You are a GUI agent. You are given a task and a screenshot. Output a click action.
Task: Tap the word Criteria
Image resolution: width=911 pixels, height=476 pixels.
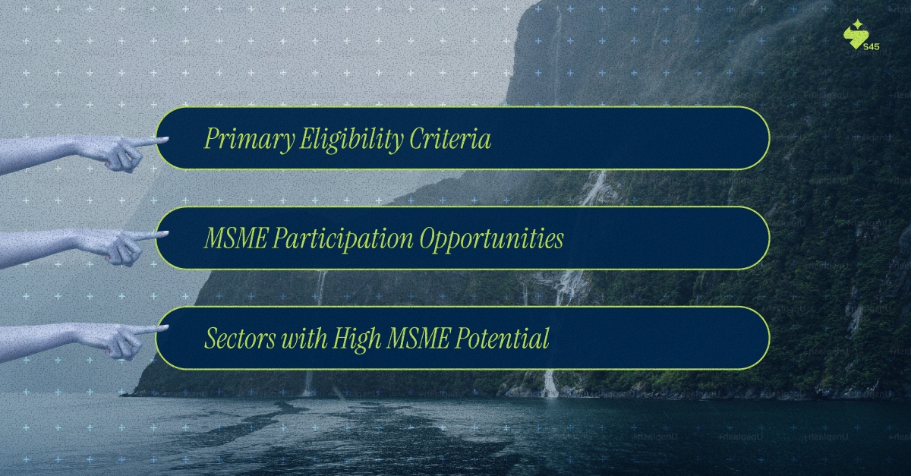coord(451,139)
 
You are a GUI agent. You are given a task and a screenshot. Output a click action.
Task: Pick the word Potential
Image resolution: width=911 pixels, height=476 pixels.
coord(503,339)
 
